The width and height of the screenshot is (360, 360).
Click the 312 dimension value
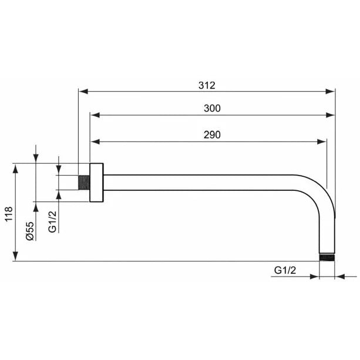pos(207,85)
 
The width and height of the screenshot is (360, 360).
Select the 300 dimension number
pos(212,109)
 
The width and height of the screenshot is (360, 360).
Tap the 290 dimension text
pos(212,134)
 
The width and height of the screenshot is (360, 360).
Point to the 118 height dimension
pos(9,214)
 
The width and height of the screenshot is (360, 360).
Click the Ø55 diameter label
pos(30,231)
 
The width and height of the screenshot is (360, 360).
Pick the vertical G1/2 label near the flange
pos(52,222)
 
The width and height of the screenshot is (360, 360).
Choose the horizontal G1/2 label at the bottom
pos(285,270)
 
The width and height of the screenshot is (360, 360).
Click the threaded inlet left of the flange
pos(84,183)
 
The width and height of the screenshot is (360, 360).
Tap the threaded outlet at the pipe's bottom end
pos(327,257)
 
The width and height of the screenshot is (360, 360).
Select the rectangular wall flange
pos(96,183)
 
